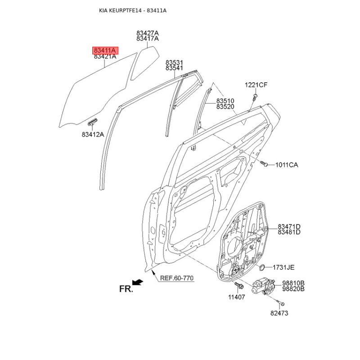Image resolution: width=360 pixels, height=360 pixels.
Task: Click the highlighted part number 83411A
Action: tap(105, 50)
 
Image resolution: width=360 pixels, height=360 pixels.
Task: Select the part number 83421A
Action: tap(105, 56)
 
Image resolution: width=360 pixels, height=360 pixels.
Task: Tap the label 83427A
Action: tap(148, 33)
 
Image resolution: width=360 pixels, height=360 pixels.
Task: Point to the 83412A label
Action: tap(93, 134)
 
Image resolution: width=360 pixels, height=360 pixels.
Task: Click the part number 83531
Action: tap(174, 63)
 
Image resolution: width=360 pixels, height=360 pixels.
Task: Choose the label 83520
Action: tap(225, 107)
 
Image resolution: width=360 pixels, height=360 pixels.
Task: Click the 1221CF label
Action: tap(256, 85)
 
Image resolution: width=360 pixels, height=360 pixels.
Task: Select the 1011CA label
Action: tap(287, 165)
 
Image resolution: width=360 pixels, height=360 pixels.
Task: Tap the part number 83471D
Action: tap(289, 227)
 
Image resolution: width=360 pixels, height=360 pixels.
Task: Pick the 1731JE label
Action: tap(283, 267)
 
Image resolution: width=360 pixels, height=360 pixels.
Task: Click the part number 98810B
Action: tap(293, 283)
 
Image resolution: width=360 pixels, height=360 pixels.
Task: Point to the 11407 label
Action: tap(237, 297)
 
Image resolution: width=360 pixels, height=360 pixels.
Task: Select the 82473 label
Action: tap(279, 313)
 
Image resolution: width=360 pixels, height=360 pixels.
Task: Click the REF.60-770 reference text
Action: tap(177, 278)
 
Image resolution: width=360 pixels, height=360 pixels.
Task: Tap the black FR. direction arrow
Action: tap(138, 282)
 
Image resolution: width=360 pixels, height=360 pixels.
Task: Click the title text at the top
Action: tap(133, 10)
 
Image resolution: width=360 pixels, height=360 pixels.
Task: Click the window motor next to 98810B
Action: tap(263, 286)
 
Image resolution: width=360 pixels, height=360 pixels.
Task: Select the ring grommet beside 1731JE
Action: tap(262, 267)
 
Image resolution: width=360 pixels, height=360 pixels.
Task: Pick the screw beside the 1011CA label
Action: tap(264, 163)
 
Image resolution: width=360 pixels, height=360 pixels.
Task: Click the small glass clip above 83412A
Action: tap(92, 121)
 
